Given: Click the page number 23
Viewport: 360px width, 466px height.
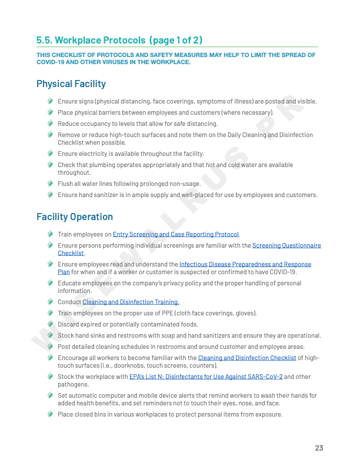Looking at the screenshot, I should point(319,448).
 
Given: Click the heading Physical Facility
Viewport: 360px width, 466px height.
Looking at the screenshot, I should point(71,84).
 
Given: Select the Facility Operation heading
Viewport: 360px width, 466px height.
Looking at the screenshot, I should point(75,217).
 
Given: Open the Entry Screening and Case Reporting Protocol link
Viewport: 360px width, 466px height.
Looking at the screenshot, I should point(176,234).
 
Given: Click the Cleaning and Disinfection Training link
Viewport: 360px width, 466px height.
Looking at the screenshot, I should point(131,302).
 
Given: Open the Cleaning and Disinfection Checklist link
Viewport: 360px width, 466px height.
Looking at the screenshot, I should point(247,358).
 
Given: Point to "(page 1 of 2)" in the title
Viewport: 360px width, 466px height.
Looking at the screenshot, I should point(176,40).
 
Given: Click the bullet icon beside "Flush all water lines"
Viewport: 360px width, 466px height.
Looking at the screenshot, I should point(51,184).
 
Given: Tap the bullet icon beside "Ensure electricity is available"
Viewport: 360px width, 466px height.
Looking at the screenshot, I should point(51,154).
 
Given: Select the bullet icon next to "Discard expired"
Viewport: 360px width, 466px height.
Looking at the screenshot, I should point(51,324).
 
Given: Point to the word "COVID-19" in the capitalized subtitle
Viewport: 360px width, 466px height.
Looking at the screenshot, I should point(51,62).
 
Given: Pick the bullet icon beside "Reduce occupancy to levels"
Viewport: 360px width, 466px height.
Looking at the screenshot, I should point(51,124).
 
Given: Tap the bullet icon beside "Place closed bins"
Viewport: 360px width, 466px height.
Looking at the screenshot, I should point(51,414).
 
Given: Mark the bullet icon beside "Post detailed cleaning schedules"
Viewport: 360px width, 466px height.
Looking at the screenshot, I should point(51,347).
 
